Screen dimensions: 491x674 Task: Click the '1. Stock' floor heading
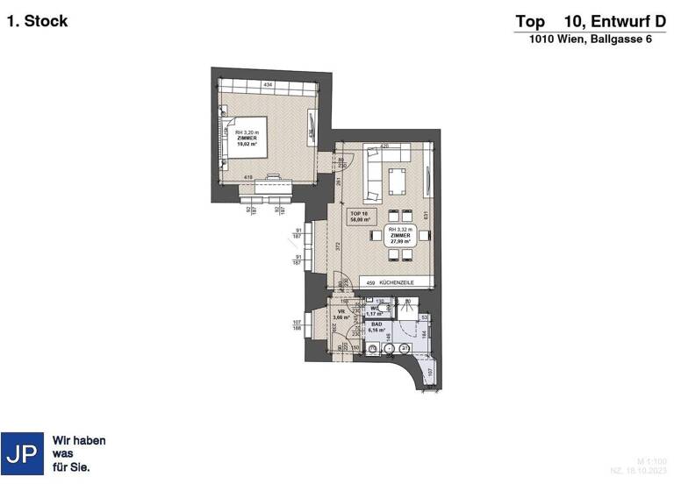37,21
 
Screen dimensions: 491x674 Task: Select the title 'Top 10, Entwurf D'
590,21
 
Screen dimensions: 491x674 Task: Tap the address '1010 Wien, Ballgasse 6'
590,40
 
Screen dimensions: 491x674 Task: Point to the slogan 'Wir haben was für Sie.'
79,454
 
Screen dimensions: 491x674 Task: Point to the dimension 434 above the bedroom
269,84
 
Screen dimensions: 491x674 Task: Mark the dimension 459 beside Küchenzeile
371,282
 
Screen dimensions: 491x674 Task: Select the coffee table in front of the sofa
397,182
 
